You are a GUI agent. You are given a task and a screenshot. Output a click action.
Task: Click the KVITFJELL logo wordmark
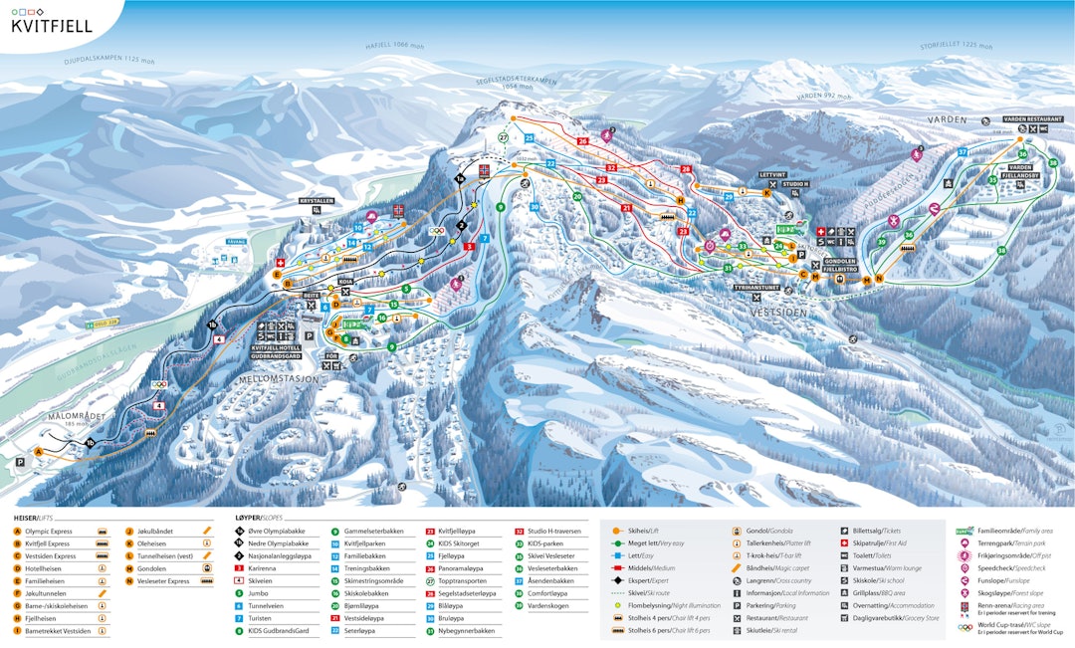51,26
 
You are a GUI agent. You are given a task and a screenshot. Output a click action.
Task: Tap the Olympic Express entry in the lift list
50,532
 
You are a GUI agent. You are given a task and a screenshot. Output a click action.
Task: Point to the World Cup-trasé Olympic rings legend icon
964,628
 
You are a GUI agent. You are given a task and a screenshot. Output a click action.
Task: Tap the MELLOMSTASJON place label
279,379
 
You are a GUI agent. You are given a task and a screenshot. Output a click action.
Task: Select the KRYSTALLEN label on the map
318,200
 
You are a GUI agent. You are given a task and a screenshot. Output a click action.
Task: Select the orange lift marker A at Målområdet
40,451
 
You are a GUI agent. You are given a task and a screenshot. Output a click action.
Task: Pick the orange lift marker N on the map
879,280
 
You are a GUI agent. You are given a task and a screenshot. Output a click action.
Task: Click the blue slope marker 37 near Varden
962,152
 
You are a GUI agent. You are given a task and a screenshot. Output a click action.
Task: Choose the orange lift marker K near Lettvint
765,193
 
